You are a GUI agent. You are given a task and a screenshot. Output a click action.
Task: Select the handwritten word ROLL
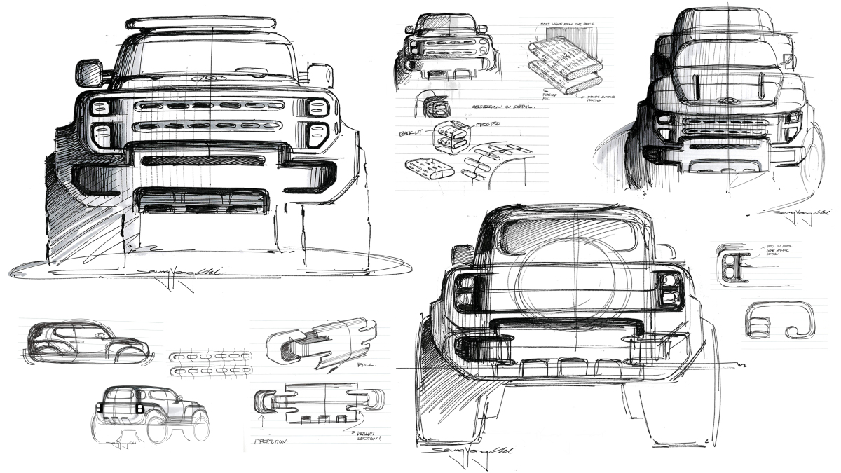point(366,365)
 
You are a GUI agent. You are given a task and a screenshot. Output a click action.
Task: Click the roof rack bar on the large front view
point(210,23)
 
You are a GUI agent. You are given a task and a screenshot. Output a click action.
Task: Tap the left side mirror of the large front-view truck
point(89,73)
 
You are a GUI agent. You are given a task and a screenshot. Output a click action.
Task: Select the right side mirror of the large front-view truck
point(320,75)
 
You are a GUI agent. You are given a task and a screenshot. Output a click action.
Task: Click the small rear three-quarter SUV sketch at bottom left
point(151,413)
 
